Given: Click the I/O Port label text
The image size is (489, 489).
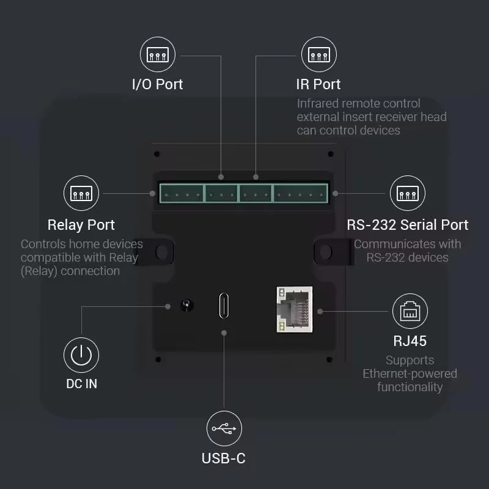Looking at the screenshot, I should click(x=158, y=84).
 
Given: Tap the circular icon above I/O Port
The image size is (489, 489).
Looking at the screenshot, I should click(x=158, y=54).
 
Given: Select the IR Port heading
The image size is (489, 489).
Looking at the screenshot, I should click(x=318, y=84).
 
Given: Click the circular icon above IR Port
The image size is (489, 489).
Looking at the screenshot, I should click(x=318, y=54).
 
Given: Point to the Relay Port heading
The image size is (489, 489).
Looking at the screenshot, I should click(x=81, y=225).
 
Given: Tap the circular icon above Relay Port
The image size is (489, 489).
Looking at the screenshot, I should click(x=81, y=193).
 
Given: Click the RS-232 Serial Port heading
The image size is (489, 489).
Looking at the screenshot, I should click(x=408, y=225).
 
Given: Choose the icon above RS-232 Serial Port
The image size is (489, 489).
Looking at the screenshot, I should click(x=408, y=193).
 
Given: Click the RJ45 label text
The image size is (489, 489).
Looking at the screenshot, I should click(x=410, y=340).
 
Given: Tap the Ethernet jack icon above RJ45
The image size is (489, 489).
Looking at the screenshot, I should click(x=410, y=311).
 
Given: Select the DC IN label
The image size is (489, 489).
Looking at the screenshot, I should click(x=81, y=384).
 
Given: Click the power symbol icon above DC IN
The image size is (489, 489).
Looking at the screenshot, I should click(x=81, y=355).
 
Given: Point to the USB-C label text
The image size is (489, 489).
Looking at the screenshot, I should click(x=224, y=458).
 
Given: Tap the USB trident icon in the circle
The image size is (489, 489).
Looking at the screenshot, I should click(x=224, y=428).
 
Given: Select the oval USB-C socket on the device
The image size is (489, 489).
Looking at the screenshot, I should click(x=224, y=306).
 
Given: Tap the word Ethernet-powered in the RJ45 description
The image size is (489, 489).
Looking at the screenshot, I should click(x=410, y=373).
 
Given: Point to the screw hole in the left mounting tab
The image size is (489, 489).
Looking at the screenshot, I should click(x=162, y=251).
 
